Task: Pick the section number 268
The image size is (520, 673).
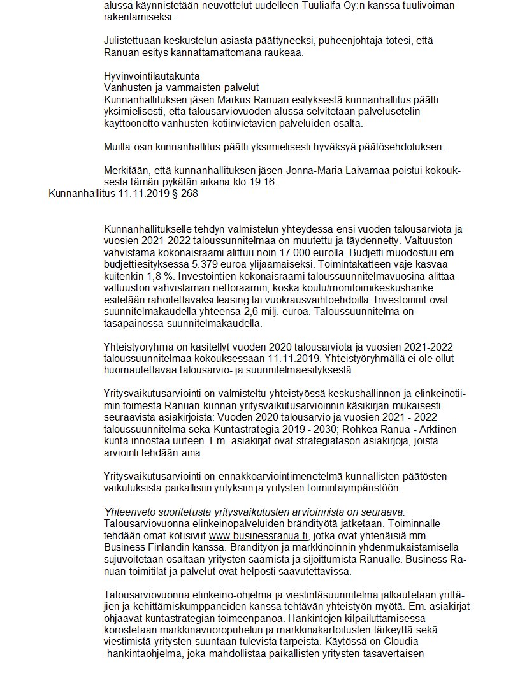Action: pos(188,194)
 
